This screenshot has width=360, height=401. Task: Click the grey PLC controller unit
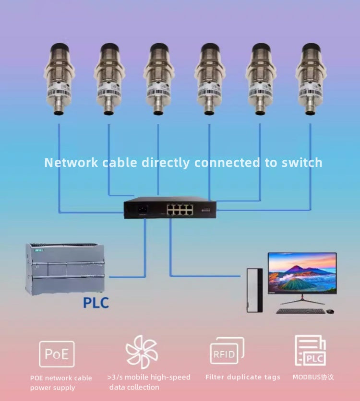[x=65, y=268]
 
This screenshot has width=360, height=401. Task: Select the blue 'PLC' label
[x=96, y=303]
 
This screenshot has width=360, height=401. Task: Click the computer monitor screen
[x=302, y=272]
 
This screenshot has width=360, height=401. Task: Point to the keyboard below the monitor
[x=300, y=311]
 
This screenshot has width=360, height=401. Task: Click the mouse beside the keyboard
[x=330, y=311]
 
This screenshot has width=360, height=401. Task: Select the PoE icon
[x=57, y=354]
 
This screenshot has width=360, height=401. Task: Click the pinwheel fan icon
[x=141, y=352]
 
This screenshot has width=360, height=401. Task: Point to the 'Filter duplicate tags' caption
[x=242, y=377]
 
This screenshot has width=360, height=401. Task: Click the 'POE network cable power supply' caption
[x=61, y=383]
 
